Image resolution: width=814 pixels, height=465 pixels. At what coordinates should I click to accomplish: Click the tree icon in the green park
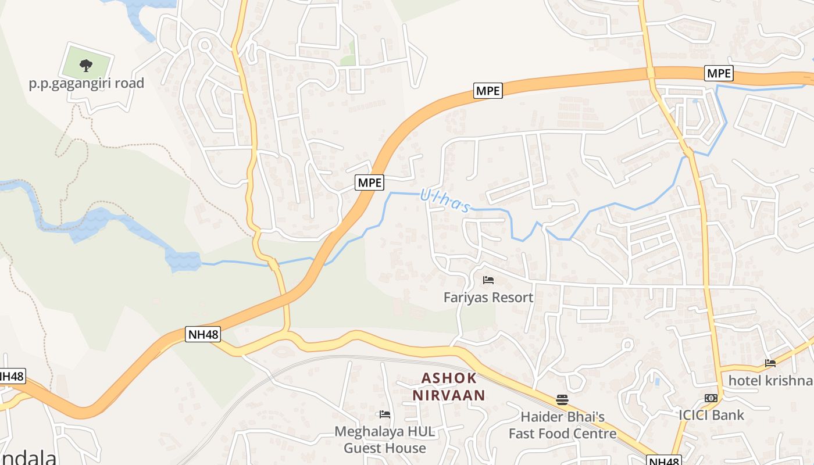click(x=86, y=65)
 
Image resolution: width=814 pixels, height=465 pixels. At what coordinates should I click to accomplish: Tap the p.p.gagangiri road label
click(x=86, y=84)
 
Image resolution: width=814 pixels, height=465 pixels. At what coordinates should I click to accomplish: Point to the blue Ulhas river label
click(x=445, y=201)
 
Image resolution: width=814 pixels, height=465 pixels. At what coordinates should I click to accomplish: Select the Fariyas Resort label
click(x=488, y=298)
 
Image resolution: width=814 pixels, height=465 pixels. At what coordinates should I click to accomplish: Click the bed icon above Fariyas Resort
click(x=488, y=280)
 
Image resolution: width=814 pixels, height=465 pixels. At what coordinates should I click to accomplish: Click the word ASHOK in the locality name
click(x=449, y=378)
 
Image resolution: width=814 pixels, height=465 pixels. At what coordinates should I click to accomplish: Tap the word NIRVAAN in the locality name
click(x=449, y=396)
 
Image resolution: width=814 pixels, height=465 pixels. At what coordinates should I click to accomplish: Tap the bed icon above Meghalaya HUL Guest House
click(x=384, y=414)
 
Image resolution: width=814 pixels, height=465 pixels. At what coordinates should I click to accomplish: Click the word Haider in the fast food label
click(x=541, y=417)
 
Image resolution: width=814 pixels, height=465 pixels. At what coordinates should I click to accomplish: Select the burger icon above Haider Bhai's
click(x=562, y=399)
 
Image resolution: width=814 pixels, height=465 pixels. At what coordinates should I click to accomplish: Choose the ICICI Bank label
click(x=711, y=415)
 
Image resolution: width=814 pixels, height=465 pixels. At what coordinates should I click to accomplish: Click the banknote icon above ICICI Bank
click(x=711, y=398)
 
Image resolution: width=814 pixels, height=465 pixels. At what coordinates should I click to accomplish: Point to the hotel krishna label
click(x=770, y=381)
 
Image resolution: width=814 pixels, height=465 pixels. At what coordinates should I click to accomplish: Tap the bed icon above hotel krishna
click(x=770, y=363)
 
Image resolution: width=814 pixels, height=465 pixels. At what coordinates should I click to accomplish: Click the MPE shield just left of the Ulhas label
click(x=370, y=183)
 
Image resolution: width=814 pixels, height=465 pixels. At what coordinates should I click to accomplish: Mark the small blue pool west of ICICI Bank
click(x=657, y=382)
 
